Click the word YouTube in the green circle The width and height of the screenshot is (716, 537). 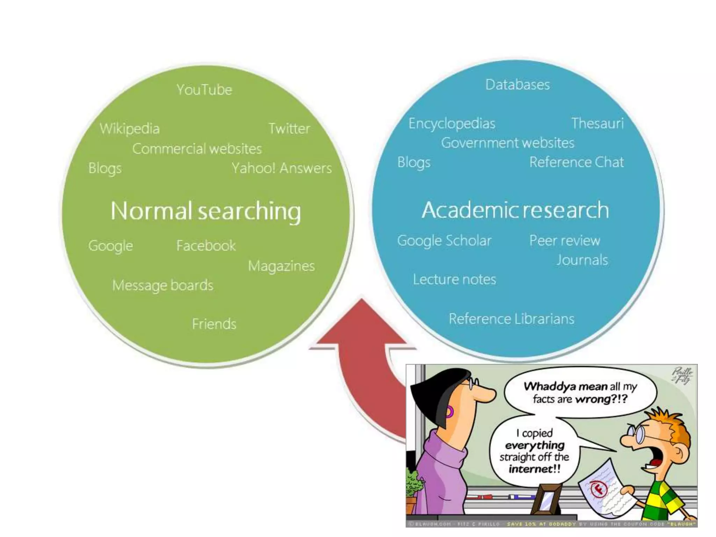[x=204, y=90]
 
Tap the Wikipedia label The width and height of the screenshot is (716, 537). [x=129, y=129]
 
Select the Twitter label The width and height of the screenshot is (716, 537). [x=289, y=129]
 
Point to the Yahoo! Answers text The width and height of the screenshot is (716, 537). [x=281, y=168]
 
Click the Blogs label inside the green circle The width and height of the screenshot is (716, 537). [x=105, y=168]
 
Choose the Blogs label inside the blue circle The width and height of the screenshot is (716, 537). [x=414, y=163]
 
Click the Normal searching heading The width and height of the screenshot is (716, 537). [x=206, y=211]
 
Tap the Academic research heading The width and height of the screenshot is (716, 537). [x=515, y=210]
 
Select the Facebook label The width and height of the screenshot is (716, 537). [x=206, y=246]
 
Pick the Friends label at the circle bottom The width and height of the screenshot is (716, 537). [x=214, y=324]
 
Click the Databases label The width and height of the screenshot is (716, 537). [x=517, y=85]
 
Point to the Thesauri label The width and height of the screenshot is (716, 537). [x=597, y=123]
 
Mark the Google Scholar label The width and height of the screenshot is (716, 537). [x=444, y=241]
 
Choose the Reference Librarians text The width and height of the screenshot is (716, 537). [x=511, y=319]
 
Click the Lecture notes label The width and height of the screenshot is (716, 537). [x=454, y=279]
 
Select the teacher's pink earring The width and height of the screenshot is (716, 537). [x=450, y=412]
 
